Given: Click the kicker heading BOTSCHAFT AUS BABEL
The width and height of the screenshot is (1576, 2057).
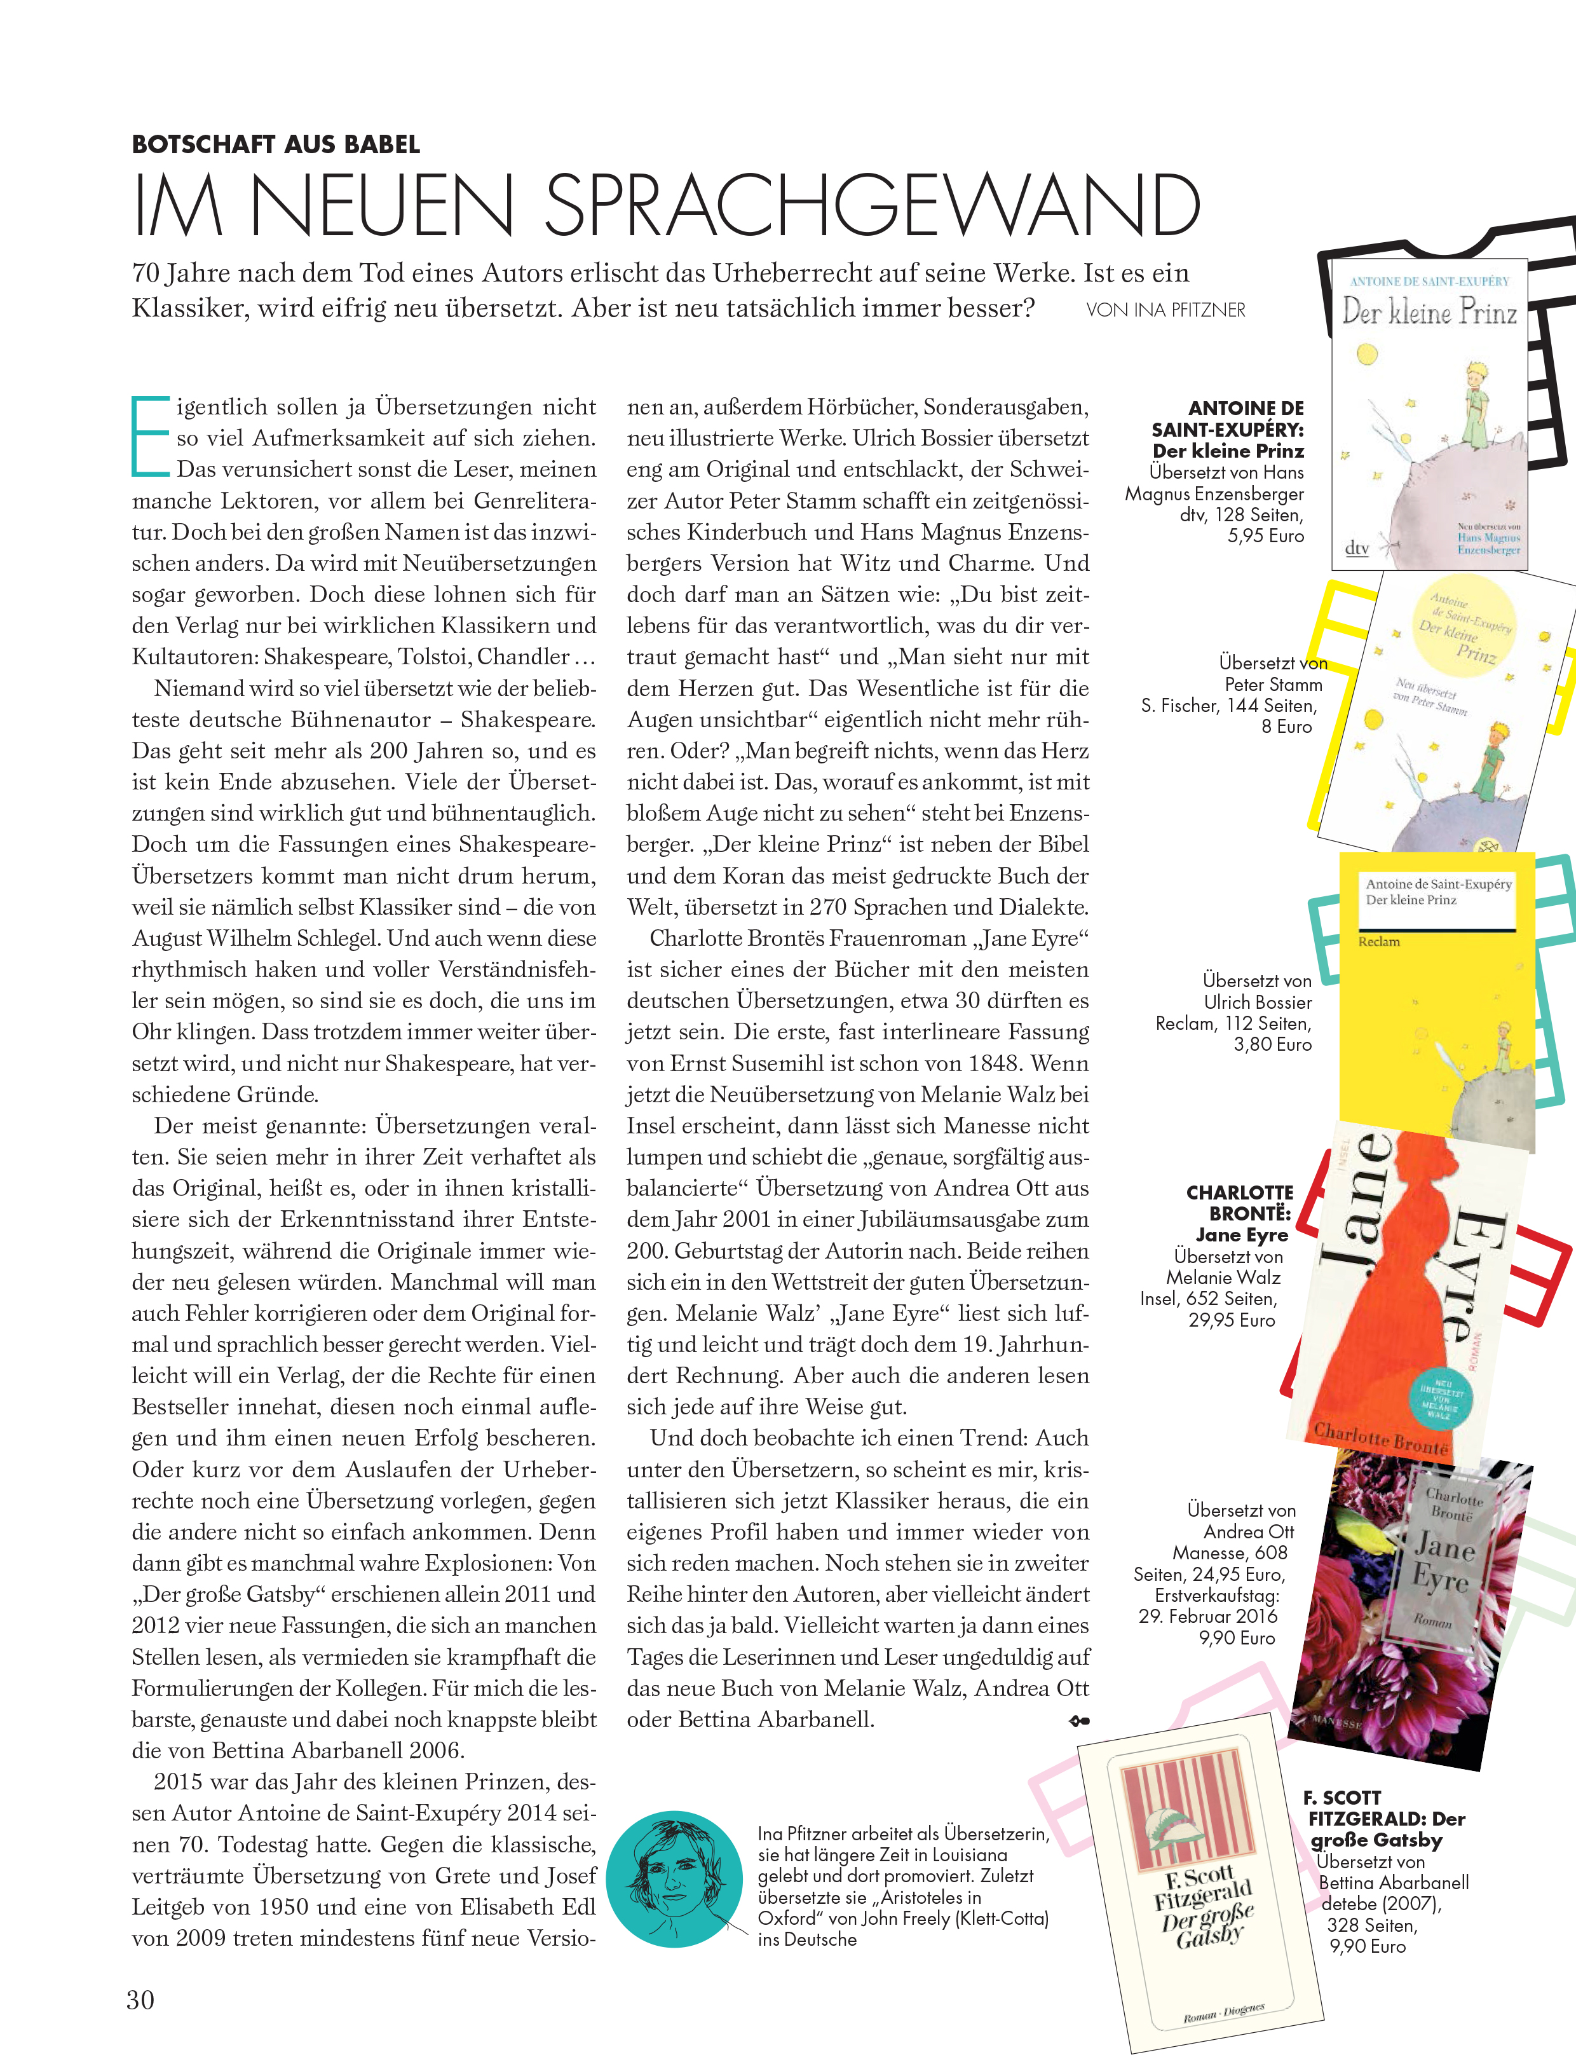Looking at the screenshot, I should pos(276,144).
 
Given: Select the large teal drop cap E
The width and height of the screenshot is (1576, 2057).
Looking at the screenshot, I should pos(150,435).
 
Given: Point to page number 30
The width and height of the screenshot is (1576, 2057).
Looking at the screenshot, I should pos(140,2000).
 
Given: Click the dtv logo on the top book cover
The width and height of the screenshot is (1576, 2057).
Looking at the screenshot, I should pos(1357,547).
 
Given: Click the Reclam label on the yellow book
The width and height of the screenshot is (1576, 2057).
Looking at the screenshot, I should pos(1379,941).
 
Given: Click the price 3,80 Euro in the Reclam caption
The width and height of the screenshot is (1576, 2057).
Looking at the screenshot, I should pos(1272,1044).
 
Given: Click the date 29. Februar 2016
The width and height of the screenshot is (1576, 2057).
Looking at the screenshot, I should pos(1207,1616).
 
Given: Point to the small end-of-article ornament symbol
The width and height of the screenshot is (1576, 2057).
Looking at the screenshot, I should pos(1079,1721).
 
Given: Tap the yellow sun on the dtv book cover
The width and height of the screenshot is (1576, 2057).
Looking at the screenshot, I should pos(1368,354).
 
